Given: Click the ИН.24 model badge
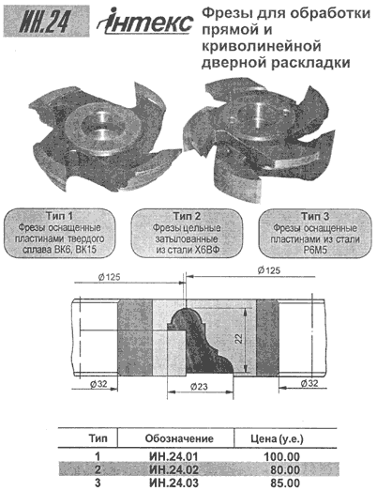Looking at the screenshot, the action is click(x=46, y=22).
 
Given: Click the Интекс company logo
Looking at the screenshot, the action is click(x=145, y=22).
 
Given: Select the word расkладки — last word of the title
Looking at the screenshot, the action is click(x=309, y=63).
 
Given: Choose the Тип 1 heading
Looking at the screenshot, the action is click(x=59, y=216).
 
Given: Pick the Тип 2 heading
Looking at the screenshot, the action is click(x=187, y=216).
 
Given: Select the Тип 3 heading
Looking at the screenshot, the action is click(x=315, y=216).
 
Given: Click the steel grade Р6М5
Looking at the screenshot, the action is click(x=315, y=251).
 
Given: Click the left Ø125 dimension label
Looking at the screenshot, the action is click(x=108, y=277).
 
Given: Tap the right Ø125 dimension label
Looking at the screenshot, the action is click(x=269, y=270).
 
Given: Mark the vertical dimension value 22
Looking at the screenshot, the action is click(x=239, y=338).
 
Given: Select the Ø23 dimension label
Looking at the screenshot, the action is click(x=199, y=387).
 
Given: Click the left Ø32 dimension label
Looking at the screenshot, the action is click(x=98, y=384).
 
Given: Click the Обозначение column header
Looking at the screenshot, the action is click(x=179, y=438).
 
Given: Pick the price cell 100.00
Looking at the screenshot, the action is click(x=282, y=456).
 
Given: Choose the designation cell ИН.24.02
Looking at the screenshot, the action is click(x=173, y=469).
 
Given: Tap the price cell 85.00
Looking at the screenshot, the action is click(x=285, y=483).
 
